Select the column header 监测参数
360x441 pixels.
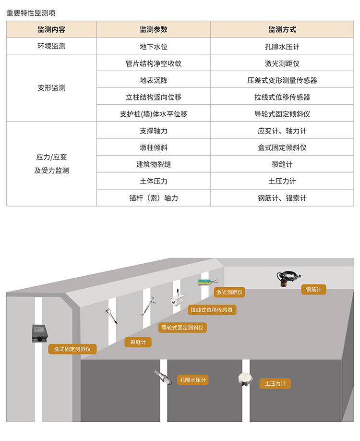[x=154, y=29]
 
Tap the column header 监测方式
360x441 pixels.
[x=282, y=29]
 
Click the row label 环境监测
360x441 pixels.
[x=51, y=47]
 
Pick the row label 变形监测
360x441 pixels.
[x=51, y=88]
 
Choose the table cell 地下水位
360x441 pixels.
[x=154, y=47]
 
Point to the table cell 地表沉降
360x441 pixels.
[x=154, y=80]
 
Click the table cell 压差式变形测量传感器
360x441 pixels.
[x=282, y=80]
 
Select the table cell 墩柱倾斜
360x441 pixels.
[x=154, y=147]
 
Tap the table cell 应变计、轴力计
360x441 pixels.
[x=282, y=131]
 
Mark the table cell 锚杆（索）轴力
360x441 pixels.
[x=154, y=198]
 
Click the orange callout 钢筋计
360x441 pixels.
[x=314, y=289]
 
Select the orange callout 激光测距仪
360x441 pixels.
[x=229, y=292]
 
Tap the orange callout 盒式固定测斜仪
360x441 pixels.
[x=72, y=349]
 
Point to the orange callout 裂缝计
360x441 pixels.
[x=138, y=342]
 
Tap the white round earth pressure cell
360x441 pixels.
[x=245, y=379]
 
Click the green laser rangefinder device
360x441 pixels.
[x=208, y=282]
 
